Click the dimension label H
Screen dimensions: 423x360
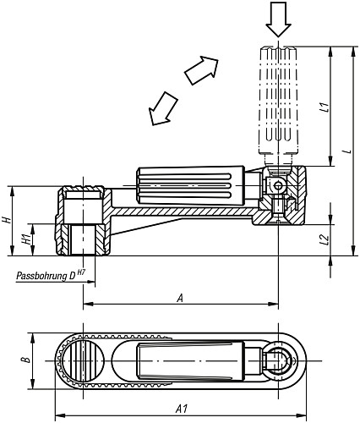[8, 219]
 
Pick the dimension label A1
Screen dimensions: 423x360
[180, 409]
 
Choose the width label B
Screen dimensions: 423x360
[25, 360]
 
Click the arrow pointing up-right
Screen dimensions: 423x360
[199, 69]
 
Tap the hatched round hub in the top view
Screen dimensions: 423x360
[82, 360]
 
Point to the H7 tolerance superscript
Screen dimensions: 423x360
[81, 270]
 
